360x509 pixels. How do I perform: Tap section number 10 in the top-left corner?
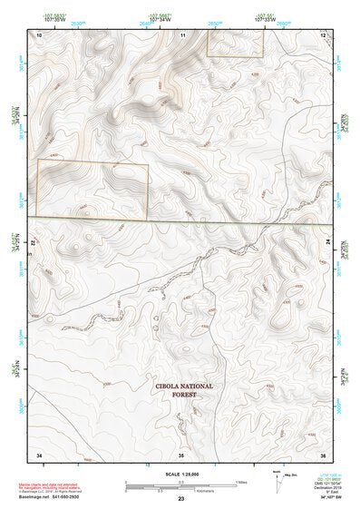tap(39, 34)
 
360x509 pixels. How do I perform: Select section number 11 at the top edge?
tap(182, 34)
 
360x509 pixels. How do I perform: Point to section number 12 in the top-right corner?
tap(324, 34)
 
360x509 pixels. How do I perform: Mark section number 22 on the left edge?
tap(34, 245)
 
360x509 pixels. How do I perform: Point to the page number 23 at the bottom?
tap(181, 499)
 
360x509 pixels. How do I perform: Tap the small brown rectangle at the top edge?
tap(236, 43)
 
